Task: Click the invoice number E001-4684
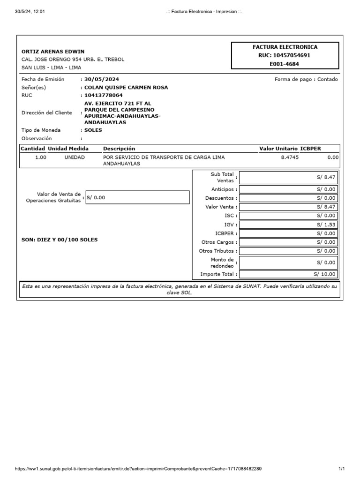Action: [x=285, y=64]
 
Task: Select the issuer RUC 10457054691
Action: [x=285, y=55]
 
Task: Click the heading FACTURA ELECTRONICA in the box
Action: [x=285, y=47]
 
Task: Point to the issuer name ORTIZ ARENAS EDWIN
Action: [x=53, y=52]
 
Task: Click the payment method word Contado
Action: [x=327, y=79]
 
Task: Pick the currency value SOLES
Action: [x=93, y=130]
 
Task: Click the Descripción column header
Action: [x=119, y=149]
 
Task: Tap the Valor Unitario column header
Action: [x=278, y=149]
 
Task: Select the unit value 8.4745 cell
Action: [x=289, y=157]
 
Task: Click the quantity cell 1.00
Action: [x=41, y=157]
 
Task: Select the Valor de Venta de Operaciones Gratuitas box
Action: [x=137, y=197]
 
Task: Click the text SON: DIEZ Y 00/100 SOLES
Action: [x=60, y=240]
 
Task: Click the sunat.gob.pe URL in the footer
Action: [x=138, y=469]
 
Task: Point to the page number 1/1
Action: [x=341, y=469]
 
